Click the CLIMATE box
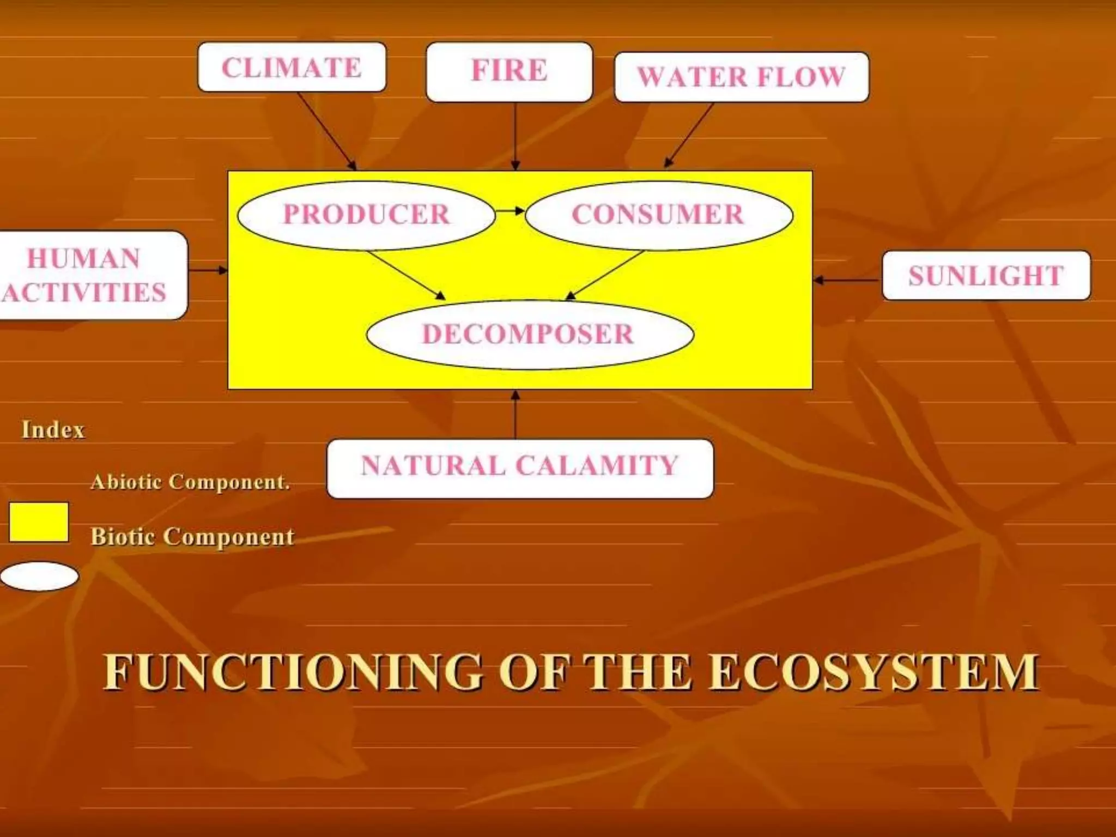click(292, 68)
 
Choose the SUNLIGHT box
click(986, 276)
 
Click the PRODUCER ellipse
click(366, 215)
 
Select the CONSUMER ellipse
click(658, 215)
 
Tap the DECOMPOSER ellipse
click(529, 335)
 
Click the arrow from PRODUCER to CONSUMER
click(510, 211)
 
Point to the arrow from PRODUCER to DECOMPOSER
click(406, 275)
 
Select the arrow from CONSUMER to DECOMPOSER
click(605, 275)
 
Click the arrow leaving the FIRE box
click(515, 136)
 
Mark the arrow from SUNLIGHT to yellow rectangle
click(847, 281)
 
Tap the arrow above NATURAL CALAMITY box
click(515, 414)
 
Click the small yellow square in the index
click(39, 522)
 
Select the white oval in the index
click(39, 577)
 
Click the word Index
click(53, 430)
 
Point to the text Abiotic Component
click(190, 482)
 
